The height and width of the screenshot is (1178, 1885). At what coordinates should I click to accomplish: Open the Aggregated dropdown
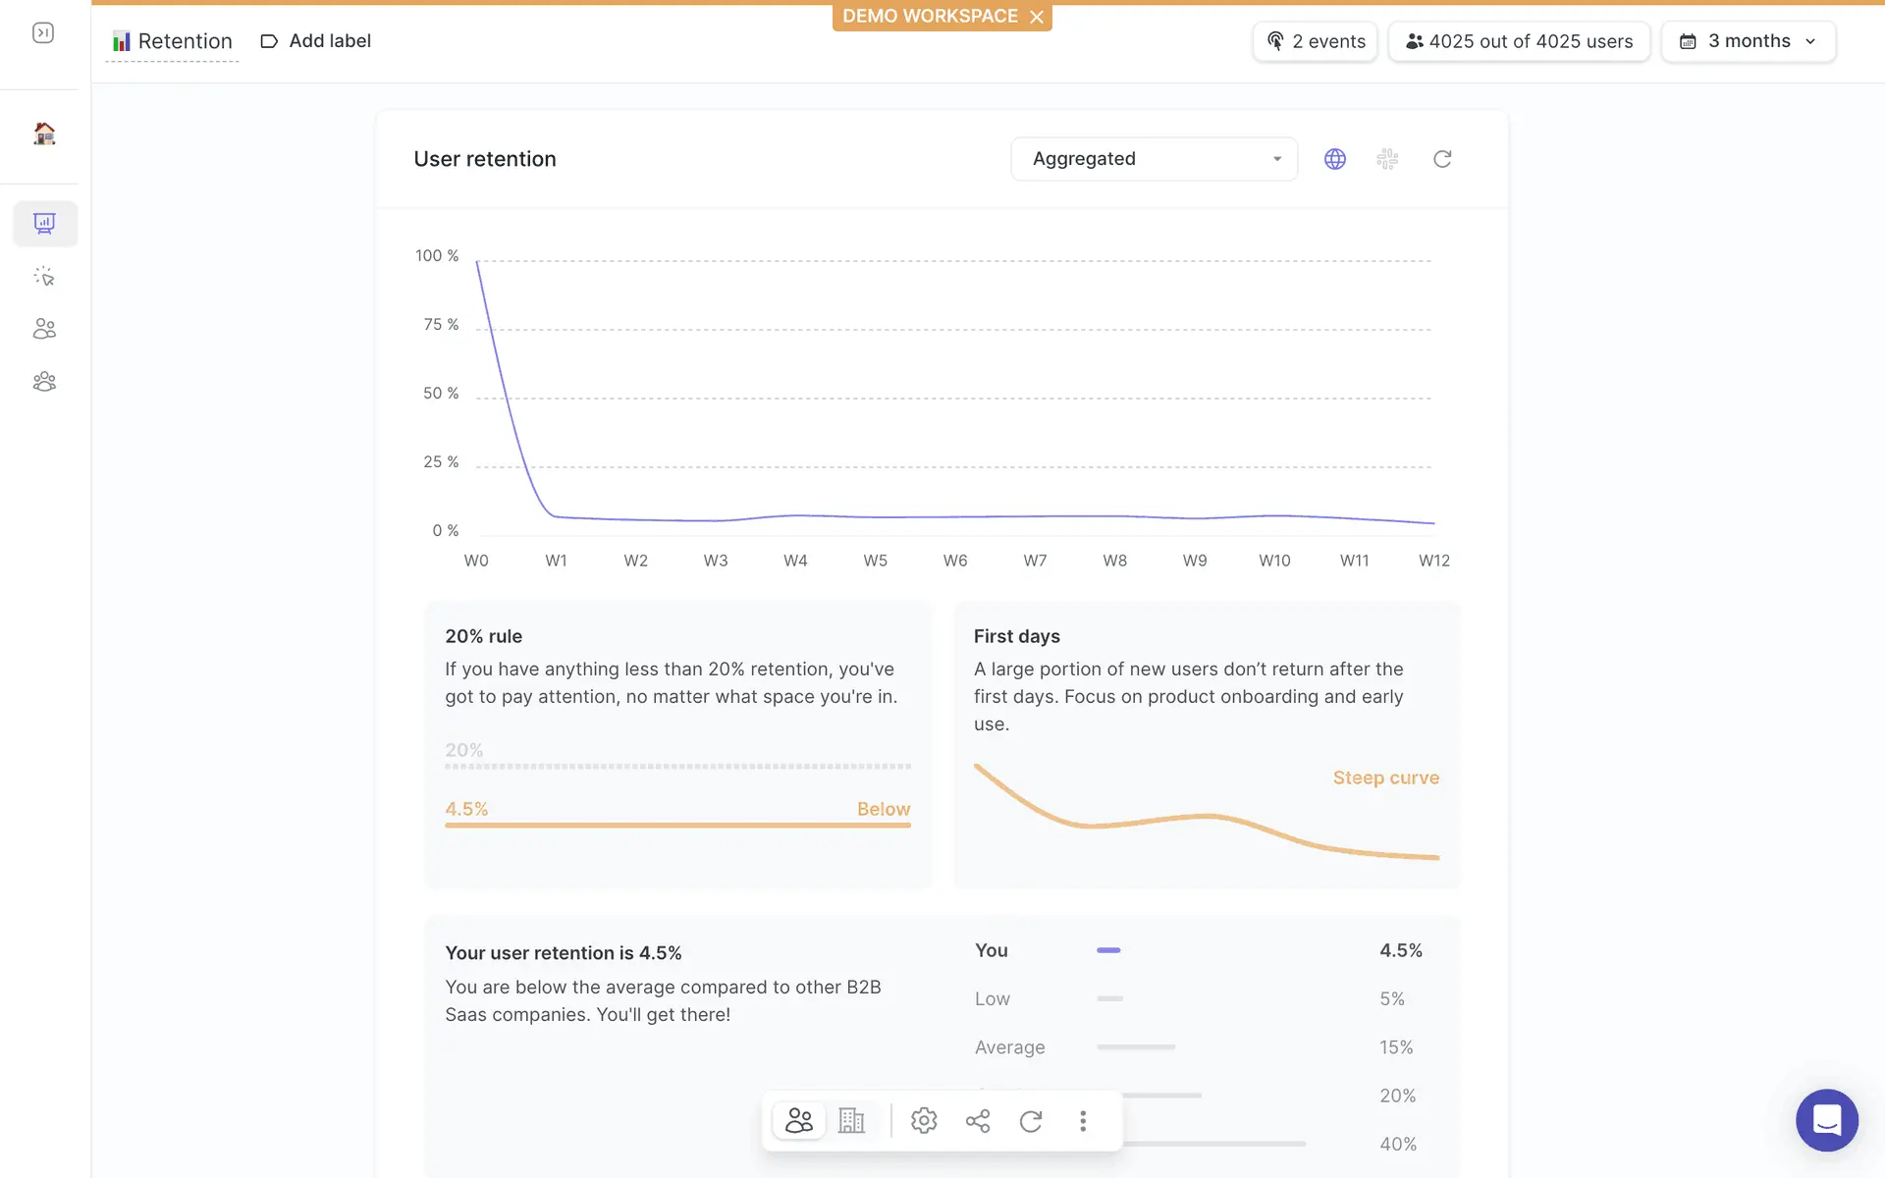1154,159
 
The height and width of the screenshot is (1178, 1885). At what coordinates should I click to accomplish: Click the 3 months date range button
1748,41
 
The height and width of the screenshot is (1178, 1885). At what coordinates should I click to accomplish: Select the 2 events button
1316,41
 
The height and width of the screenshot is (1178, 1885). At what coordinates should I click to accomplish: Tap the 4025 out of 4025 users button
1519,41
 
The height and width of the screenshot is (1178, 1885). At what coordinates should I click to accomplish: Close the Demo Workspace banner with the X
1037,17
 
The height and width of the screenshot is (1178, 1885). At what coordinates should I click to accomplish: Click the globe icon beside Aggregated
1335,159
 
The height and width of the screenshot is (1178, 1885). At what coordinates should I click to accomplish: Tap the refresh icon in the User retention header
1442,159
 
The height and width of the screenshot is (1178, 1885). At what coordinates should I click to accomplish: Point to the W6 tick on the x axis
955,561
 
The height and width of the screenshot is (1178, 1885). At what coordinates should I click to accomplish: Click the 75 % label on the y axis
441,325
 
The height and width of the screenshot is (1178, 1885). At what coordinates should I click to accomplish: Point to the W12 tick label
1433,561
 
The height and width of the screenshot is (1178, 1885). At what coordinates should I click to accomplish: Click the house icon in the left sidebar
44,134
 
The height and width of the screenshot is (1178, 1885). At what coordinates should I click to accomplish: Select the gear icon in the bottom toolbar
924,1121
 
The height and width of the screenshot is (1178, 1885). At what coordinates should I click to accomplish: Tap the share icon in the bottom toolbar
978,1121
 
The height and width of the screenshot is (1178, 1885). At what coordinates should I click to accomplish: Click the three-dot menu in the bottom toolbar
1083,1121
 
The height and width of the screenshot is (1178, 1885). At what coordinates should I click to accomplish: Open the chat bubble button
1826,1120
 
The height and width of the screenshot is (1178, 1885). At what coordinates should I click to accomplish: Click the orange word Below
884,809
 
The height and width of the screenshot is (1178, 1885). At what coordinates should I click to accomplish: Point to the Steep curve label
1385,777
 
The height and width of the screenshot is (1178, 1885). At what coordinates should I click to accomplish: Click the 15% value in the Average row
1396,1047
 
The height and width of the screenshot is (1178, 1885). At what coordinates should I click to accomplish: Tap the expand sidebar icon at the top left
43,33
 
